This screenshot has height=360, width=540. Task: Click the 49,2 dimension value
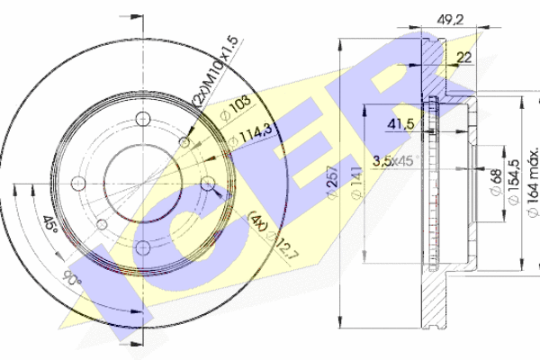450,20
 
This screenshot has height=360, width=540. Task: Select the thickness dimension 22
464,58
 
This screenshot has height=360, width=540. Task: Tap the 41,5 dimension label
400,123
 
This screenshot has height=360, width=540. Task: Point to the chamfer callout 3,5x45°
396,160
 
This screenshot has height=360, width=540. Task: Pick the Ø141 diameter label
356,183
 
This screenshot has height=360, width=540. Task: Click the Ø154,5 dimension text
513,182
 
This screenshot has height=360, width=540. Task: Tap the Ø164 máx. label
533,184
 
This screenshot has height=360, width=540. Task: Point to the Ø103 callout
236,107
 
